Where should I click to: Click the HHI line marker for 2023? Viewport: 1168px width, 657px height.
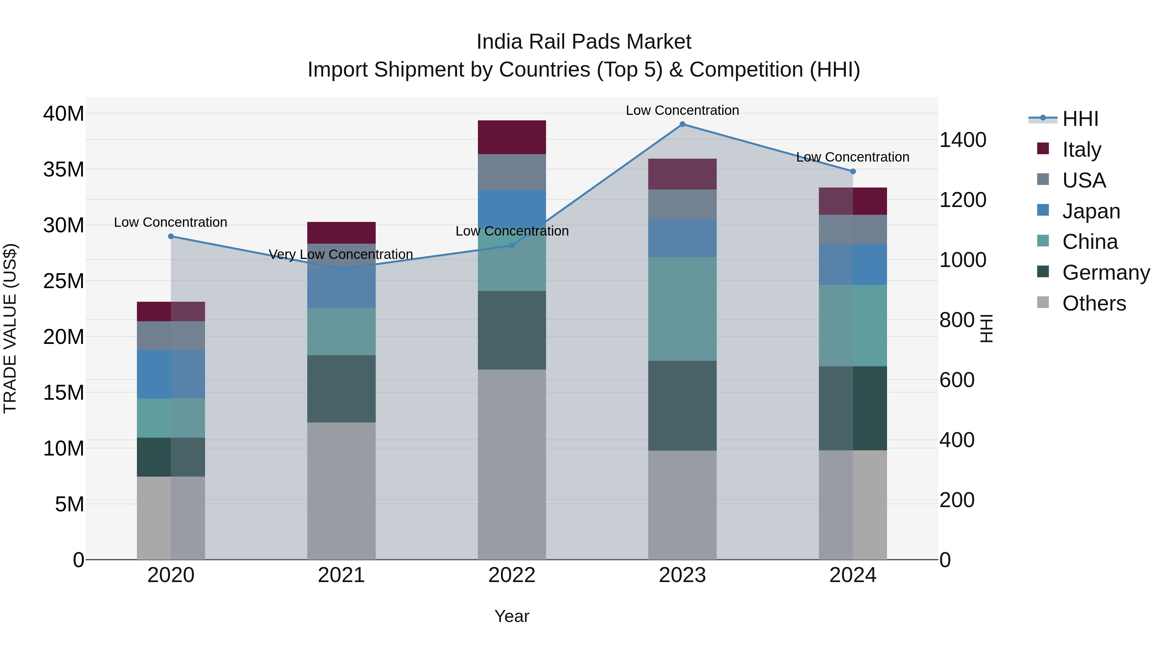[x=682, y=124]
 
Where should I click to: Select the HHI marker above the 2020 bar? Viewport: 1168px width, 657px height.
[x=171, y=236]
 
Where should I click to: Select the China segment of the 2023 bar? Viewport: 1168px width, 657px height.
[x=682, y=309]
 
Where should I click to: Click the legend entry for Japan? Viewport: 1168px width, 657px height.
[x=1090, y=211]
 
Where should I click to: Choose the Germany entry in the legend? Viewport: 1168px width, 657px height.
[x=1105, y=273]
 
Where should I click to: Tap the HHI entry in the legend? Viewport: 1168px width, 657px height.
[x=1080, y=119]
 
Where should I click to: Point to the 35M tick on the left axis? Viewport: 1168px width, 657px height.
[x=64, y=170]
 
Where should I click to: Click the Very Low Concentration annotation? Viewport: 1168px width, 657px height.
[x=341, y=254]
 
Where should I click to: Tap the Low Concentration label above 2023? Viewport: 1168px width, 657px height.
[x=682, y=110]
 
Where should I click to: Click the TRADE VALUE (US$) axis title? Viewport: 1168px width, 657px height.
[x=10, y=328]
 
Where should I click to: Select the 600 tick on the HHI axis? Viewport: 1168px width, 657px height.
[x=957, y=380]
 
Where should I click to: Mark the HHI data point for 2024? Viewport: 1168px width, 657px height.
[x=852, y=171]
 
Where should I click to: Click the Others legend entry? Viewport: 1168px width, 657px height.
[x=1094, y=303]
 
